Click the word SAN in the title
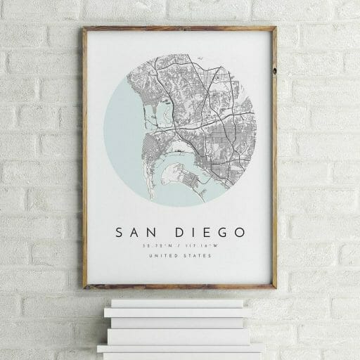[136, 232]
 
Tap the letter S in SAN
[119, 232]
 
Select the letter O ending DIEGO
[240, 232]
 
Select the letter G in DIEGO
[223, 232]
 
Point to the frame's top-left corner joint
[85, 30]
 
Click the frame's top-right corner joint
[274, 29]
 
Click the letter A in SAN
[136, 232]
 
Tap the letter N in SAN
[154, 232]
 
